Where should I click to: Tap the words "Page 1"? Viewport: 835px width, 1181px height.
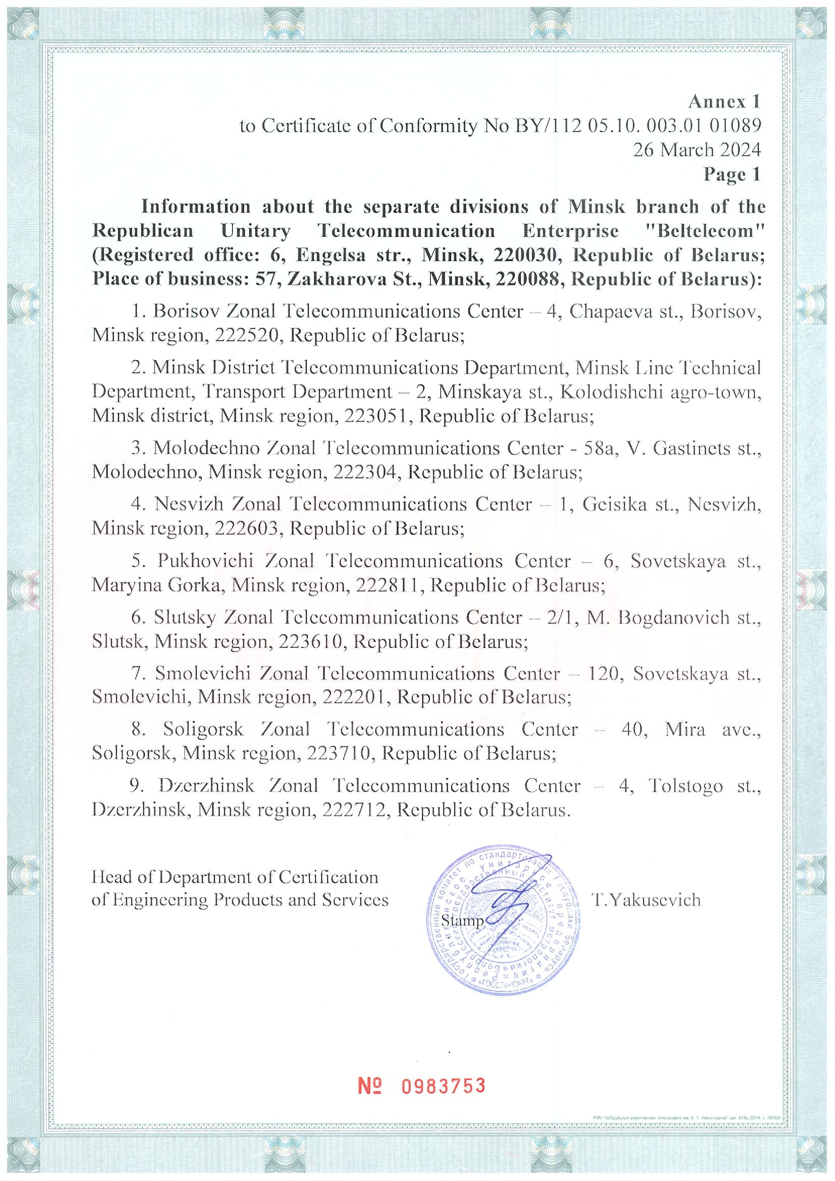tap(732, 175)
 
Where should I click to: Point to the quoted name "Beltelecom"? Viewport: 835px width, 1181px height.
tap(704, 231)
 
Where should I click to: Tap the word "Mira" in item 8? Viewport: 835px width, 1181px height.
tap(684, 729)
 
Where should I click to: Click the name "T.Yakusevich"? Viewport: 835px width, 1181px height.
tap(646, 900)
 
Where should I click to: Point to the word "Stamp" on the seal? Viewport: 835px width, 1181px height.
tap(462, 920)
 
